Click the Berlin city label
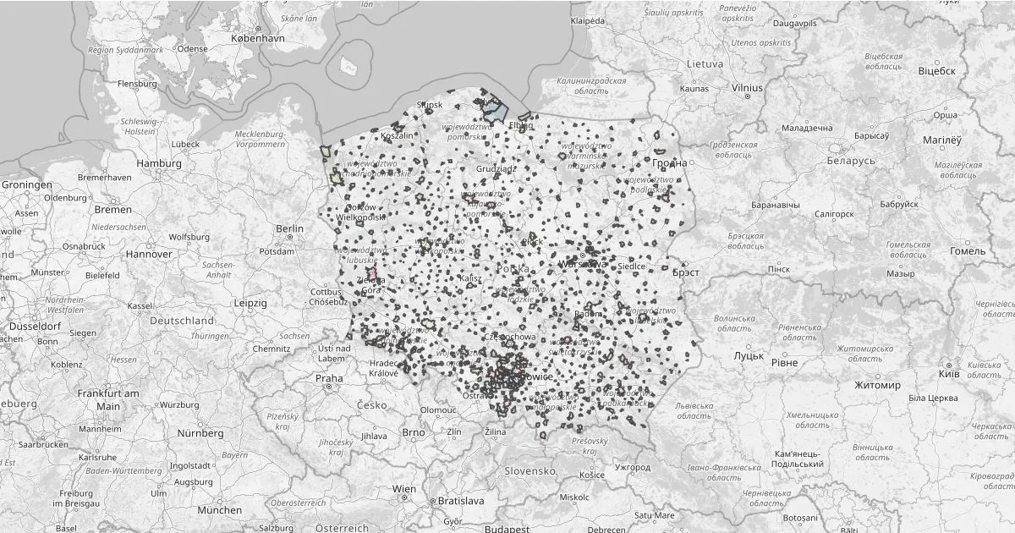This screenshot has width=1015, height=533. tap(289, 228)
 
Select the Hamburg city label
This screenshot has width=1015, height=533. tap(159, 163)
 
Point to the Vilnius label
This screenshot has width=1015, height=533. tap(747, 87)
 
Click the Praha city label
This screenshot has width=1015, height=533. tap(330, 378)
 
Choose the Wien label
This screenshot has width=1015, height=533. tap(404, 490)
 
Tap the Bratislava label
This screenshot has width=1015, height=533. tap(460, 501)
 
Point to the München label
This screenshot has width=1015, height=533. tap(219, 510)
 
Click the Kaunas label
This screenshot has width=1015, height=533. tap(694, 88)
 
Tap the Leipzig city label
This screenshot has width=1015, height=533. tap(250, 302)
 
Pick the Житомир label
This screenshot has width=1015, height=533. tap(877, 385)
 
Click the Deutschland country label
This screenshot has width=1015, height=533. tap(182, 321)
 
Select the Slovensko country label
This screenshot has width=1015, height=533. tap(529, 470)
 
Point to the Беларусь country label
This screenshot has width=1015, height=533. tap(851, 161)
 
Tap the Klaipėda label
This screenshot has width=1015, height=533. tap(588, 20)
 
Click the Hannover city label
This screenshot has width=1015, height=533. tap(148, 254)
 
